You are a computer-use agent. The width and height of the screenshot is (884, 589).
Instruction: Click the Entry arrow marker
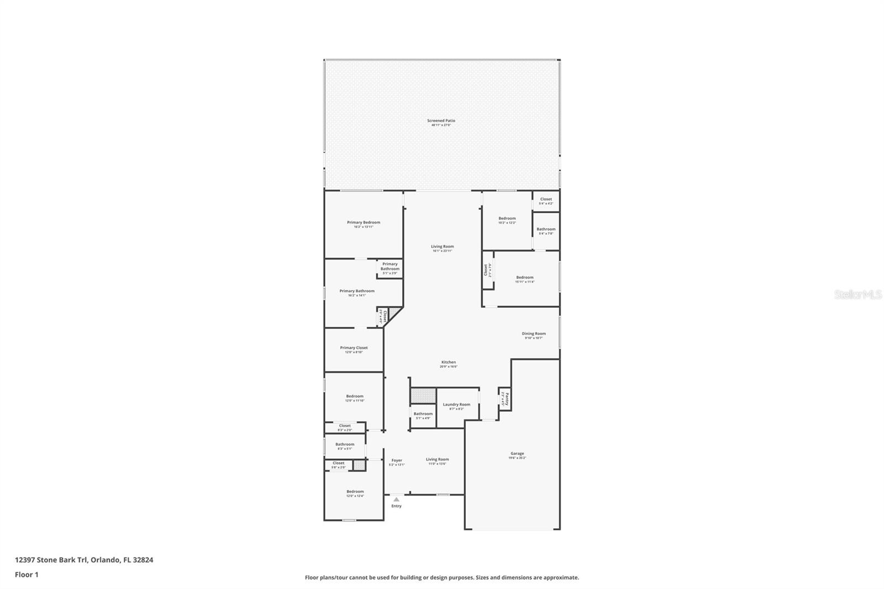(396, 499)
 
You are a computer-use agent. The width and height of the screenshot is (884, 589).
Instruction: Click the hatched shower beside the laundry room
(423, 396)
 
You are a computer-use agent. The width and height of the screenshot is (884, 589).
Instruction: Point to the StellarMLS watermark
(858, 295)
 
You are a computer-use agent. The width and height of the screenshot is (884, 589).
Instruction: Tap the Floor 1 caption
(27, 575)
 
